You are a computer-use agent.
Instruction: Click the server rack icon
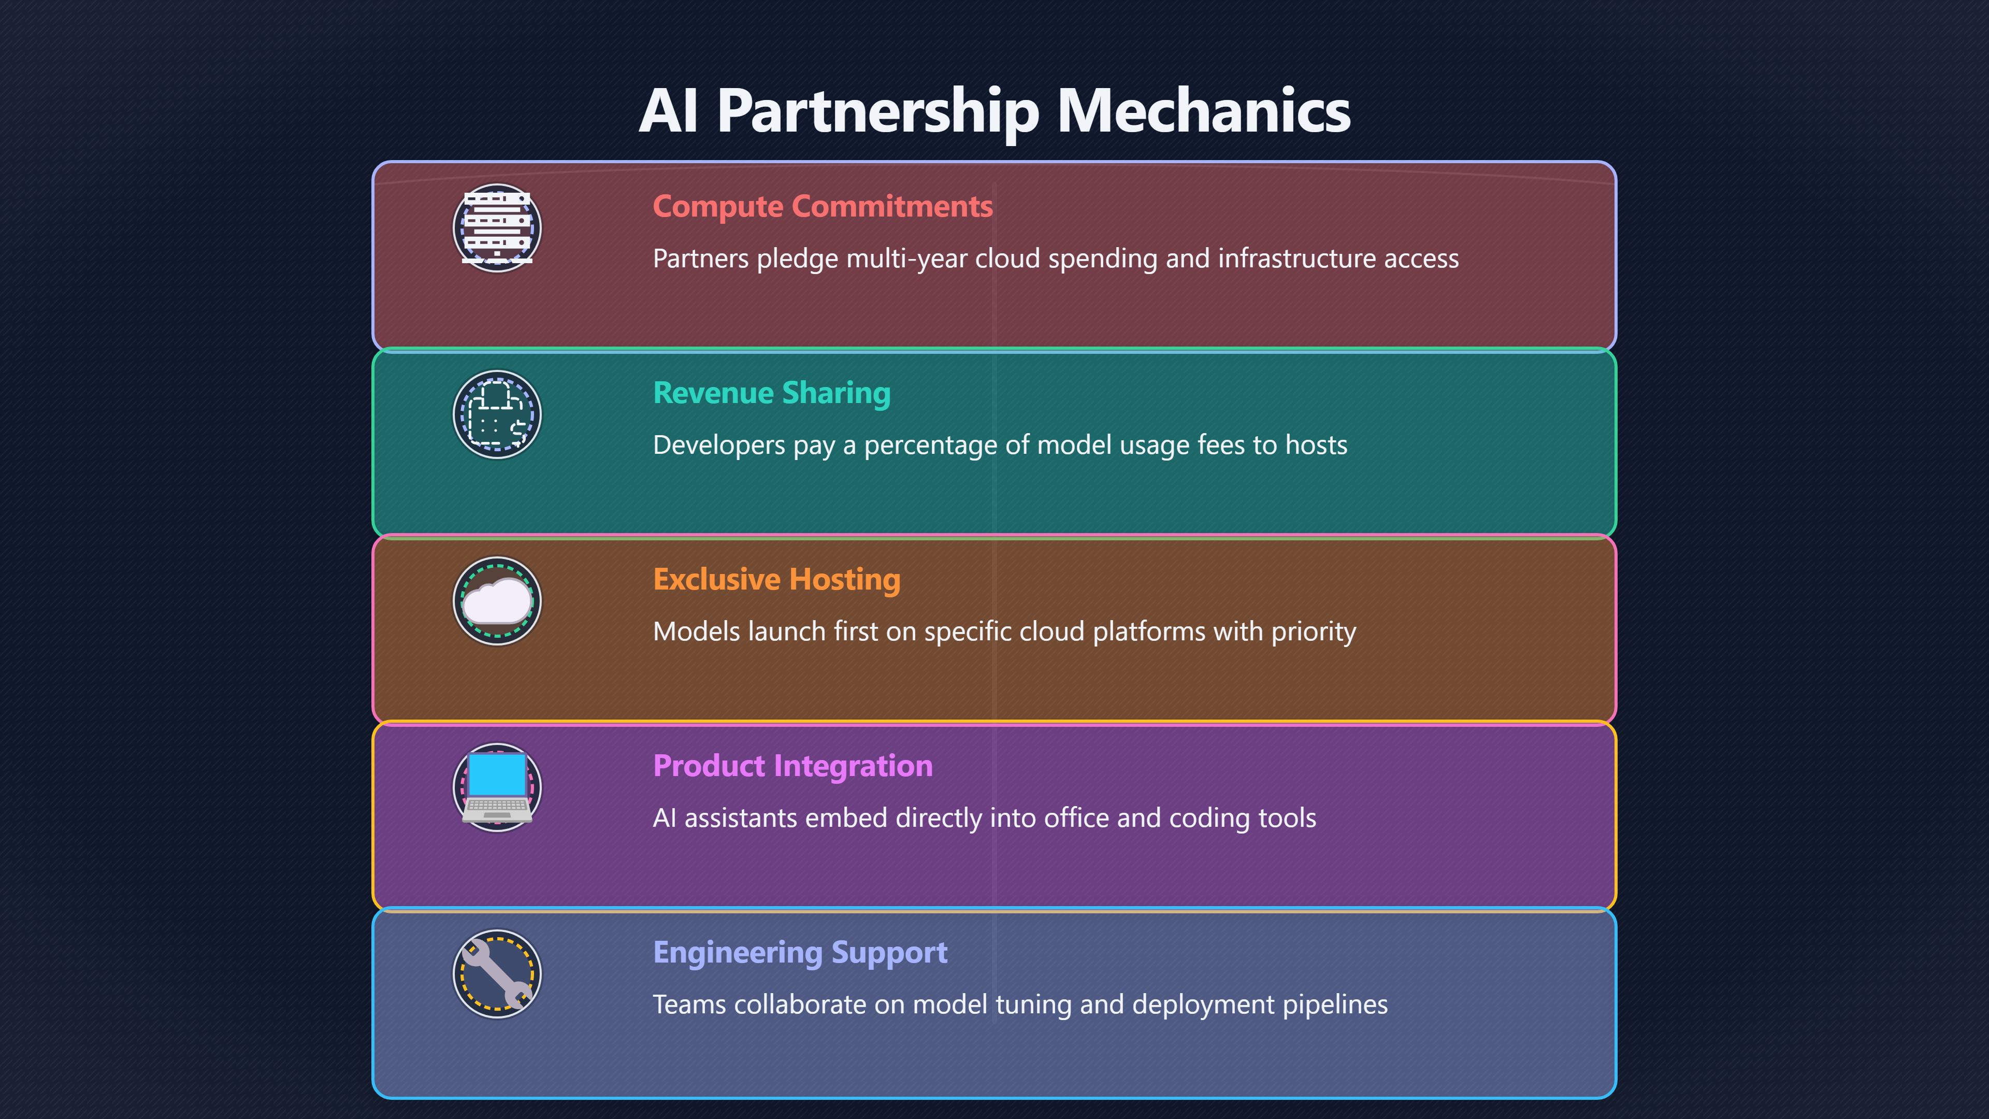[x=497, y=228]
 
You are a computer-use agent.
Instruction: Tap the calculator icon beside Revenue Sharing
[x=497, y=414]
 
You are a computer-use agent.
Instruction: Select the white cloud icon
[x=497, y=601]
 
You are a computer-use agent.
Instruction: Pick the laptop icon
[x=497, y=787]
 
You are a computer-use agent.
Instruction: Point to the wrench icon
[x=497, y=974]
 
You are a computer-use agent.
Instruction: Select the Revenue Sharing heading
[x=771, y=393]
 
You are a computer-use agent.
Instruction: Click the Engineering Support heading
[x=800, y=953]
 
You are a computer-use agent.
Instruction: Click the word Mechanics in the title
[x=1204, y=110]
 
